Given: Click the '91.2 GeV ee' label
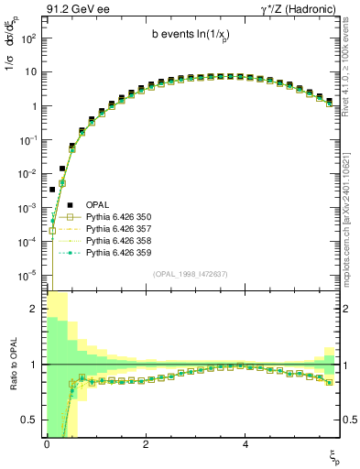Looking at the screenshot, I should tap(72, 8).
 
